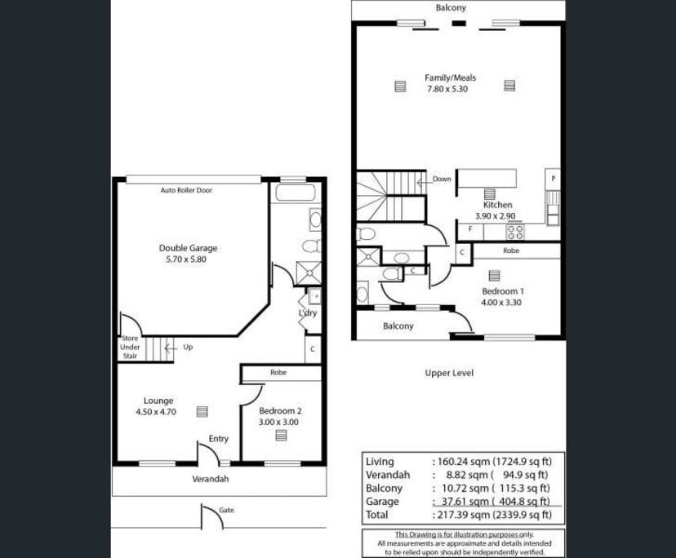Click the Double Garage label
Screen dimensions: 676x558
pos(188,248)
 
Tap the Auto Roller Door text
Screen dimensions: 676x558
pos(186,190)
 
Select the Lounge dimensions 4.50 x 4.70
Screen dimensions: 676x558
pos(156,412)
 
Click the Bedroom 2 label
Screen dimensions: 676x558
pos(280,411)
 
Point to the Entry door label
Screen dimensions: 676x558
pos(219,439)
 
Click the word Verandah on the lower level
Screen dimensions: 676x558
pos(211,479)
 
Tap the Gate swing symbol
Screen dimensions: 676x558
pos(212,516)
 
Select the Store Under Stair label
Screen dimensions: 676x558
pos(130,347)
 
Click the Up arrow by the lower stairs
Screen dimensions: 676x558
pos(170,348)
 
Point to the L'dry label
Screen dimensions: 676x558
pos(308,312)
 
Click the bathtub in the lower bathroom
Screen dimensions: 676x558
pos(296,193)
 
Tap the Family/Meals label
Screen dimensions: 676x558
pos(450,78)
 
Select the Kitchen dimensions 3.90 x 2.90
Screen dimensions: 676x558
pos(495,216)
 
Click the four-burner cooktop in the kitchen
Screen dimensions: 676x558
pos(515,232)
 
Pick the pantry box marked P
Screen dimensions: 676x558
pos(554,179)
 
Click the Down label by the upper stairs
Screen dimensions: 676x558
pos(442,179)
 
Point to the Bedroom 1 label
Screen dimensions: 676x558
pos(503,291)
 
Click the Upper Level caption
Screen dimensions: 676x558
pos(449,373)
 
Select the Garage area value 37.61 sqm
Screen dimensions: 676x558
pos(465,502)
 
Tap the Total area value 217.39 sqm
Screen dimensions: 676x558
pos(464,515)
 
